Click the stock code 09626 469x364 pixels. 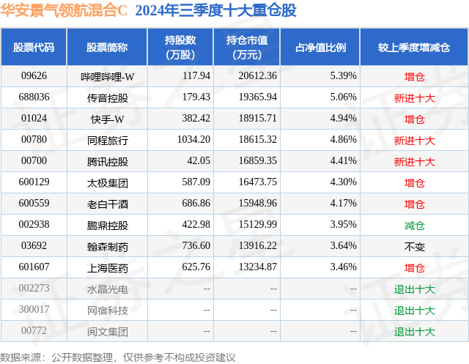(34, 75)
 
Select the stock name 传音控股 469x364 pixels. (107, 97)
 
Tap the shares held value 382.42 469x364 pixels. (194, 119)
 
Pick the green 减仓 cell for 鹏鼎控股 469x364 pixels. (414, 226)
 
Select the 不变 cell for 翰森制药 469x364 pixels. (414, 247)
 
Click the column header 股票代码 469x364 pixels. (34, 48)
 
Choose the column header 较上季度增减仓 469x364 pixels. (414, 48)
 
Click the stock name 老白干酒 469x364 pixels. (107, 204)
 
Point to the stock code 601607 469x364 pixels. (34, 268)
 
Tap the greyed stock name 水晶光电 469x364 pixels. (107, 289)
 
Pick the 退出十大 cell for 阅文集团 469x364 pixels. (414, 332)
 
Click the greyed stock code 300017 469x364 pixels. (34, 311)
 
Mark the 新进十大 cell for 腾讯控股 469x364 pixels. (414, 161)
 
